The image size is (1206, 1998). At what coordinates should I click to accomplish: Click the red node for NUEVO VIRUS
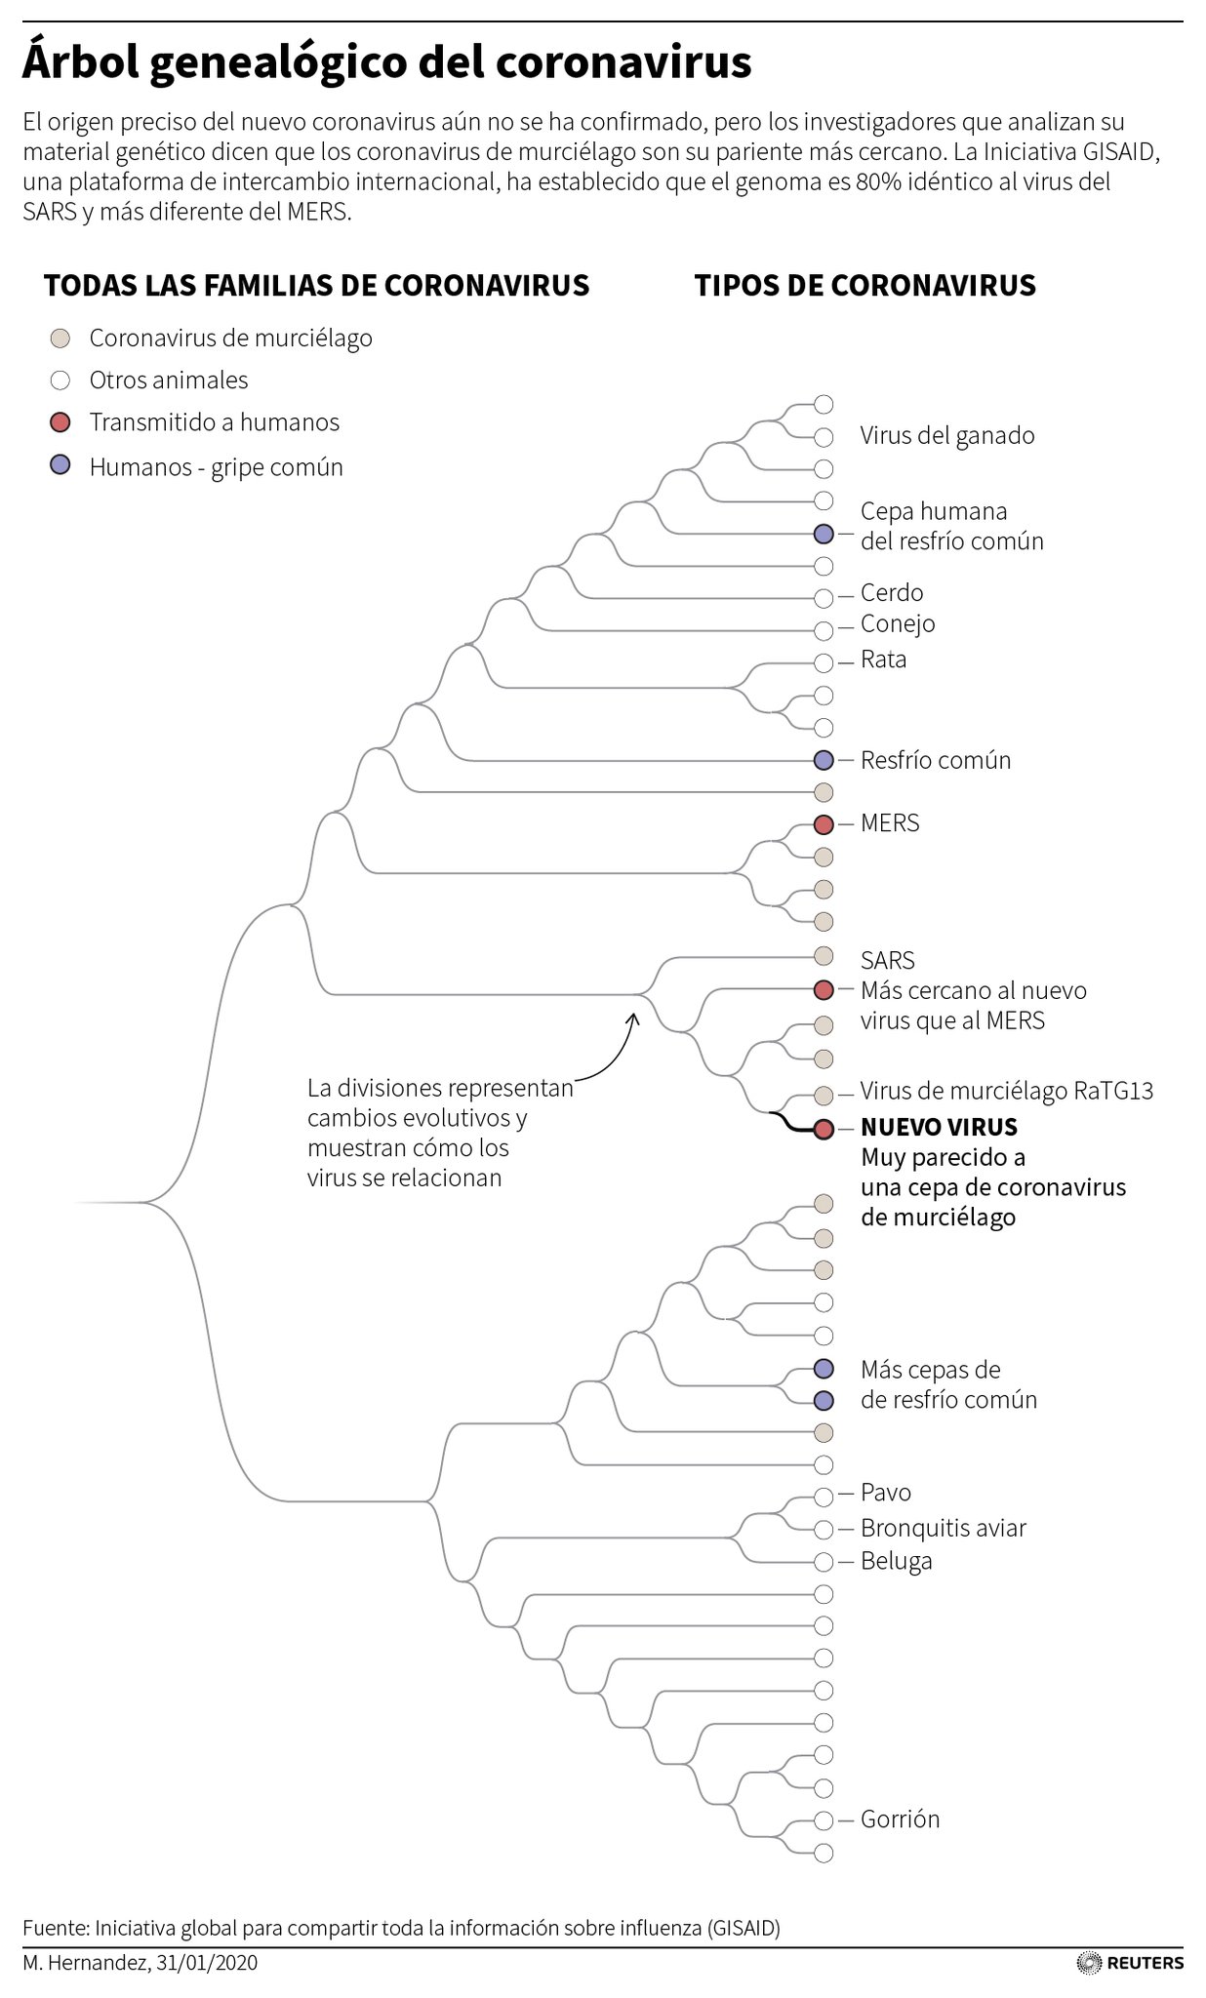click(824, 1129)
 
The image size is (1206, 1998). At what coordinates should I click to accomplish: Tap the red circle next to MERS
click(824, 824)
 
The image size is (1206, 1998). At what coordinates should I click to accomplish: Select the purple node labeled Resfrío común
click(824, 760)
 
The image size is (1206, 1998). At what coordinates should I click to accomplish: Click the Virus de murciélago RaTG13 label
click(1006, 1091)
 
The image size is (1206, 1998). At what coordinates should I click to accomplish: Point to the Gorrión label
click(900, 1819)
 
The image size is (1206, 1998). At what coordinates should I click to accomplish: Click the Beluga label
click(896, 1561)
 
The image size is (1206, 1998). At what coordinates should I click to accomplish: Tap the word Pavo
click(886, 1493)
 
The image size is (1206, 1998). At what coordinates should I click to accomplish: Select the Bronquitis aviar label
click(943, 1528)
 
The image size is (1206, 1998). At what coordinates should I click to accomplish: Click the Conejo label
click(898, 624)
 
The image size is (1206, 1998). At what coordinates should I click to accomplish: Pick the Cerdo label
click(892, 593)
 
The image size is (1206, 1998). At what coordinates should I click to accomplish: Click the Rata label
click(883, 659)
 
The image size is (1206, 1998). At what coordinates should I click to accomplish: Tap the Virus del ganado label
click(946, 436)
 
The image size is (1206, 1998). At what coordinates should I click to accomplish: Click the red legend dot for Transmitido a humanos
click(60, 422)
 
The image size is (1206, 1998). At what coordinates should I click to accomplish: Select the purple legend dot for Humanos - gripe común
click(60, 466)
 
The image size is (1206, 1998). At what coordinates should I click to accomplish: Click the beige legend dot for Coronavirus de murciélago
click(60, 339)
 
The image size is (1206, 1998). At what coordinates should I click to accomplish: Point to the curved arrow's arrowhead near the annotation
click(633, 1018)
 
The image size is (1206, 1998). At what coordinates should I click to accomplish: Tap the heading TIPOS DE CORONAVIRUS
click(864, 286)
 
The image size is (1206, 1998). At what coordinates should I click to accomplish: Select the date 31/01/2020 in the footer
click(206, 1962)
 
